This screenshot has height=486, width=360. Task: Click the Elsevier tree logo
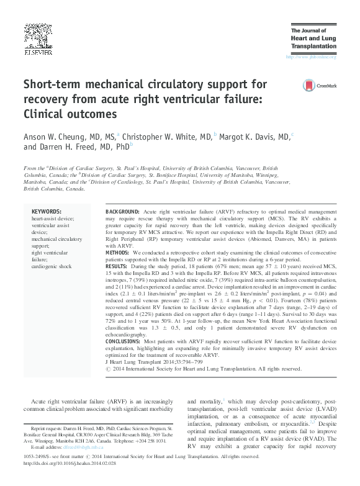[x=37, y=36]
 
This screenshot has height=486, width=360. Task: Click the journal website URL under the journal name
[x=310, y=57]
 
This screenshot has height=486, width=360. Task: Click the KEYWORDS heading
[x=47, y=212]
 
